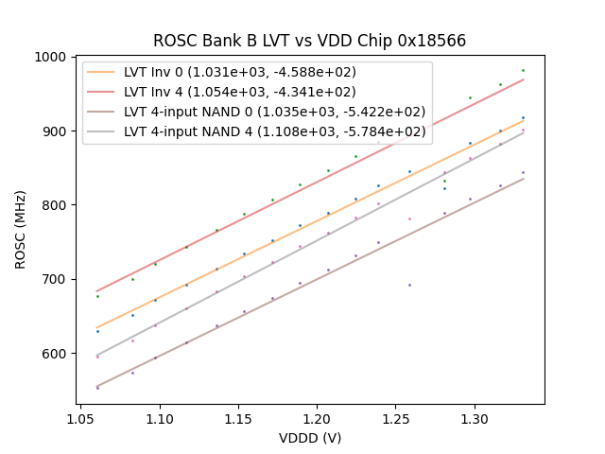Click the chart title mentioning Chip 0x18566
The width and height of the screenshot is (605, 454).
pyautogui.click(x=309, y=41)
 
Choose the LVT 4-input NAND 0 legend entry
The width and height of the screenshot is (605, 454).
pyautogui.click(x=274, y=112)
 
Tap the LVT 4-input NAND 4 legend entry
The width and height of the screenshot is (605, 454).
pyautogui.click(x=274, y=131)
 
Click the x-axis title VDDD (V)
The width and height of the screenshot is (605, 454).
pyautogui.click(x=309, y=438)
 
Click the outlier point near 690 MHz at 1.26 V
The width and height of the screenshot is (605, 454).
pyautogui.click(x=409, y=285)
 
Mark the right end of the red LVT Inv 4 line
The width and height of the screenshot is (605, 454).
pyautogui.click(x=523, y=79)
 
